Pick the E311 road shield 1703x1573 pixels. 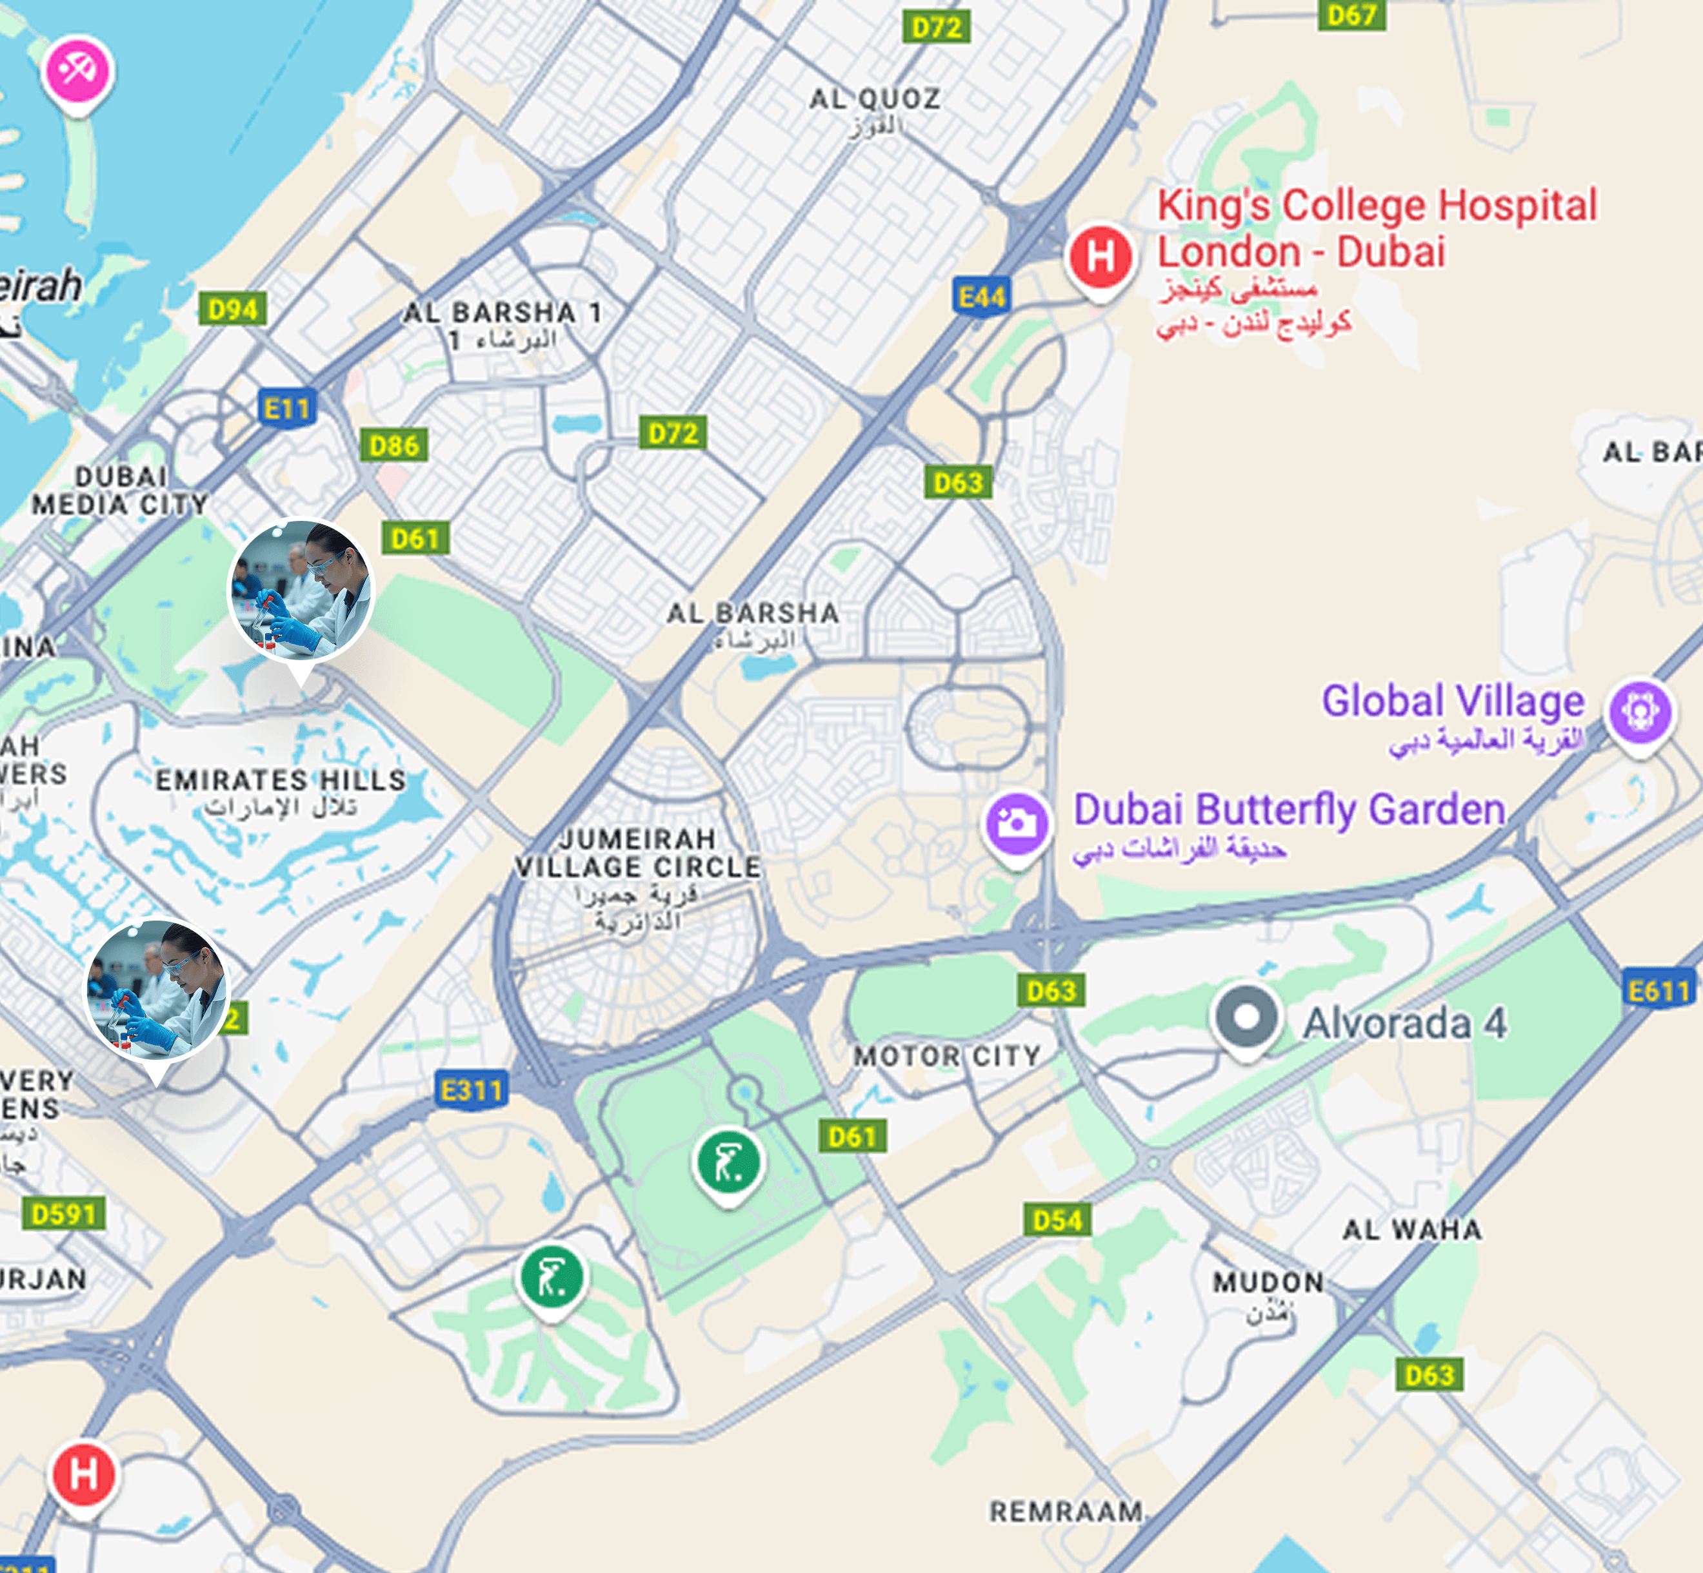(472, 1089)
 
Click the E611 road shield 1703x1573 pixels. (1658, 991)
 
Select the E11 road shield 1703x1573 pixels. (287, 409)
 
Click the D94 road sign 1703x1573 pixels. (232, 309)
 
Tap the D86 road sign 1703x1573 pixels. (393, 444)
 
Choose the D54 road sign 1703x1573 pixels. (1057, 1220)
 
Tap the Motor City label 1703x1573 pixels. (947, 1057)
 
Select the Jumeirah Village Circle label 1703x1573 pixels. (638, 853)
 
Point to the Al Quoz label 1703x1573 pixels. (875, 99)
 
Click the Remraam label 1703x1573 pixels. (1066, 1511)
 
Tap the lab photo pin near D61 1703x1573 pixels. (301, 591)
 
